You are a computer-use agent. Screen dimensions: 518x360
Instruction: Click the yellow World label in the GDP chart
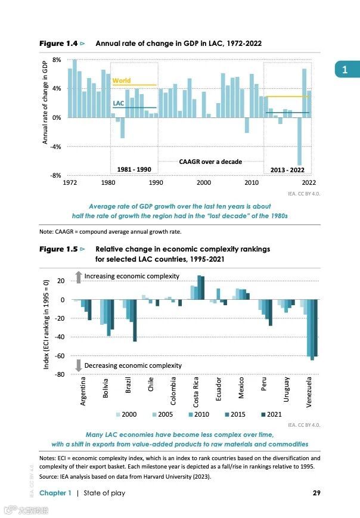click(121, 80)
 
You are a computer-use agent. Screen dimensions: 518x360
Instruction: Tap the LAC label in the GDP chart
click(118, 103)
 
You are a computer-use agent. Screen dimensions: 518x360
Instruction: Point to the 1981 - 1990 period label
click(134, 169)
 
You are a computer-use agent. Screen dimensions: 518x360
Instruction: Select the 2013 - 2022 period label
click(287, 169)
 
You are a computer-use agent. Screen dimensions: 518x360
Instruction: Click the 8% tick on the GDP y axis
click(57, 60)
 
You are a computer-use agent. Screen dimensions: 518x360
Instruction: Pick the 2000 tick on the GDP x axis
click(204, 182)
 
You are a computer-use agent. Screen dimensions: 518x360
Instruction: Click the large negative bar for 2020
click(300, 141)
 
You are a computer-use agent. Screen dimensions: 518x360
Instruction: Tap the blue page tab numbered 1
click(344, 70)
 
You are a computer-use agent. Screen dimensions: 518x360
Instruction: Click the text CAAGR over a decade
click(210, 162)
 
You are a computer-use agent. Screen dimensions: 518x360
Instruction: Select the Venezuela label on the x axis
click(309, 392)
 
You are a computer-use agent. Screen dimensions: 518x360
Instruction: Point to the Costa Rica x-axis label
click(196, 392)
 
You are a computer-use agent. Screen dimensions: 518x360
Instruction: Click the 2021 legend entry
click(271, 414)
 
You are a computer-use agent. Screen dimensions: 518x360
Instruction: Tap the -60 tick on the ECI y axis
click(60, 356)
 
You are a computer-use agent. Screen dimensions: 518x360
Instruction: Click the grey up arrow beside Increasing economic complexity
click(78, 277)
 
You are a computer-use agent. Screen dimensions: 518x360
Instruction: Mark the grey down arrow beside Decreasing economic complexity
click(78, 365)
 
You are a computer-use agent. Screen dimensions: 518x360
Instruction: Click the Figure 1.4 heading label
click(58, 44)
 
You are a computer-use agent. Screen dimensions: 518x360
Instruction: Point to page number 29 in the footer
click(317, 493)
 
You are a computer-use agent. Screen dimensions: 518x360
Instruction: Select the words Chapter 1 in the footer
click(55, 493)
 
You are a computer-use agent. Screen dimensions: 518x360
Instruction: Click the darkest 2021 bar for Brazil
click(135, 321)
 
